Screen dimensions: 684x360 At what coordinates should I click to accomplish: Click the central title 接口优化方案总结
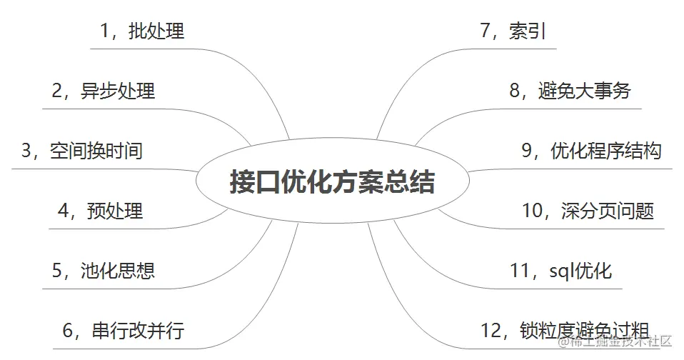(332, 181)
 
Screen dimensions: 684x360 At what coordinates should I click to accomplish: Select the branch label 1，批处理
(142, 31)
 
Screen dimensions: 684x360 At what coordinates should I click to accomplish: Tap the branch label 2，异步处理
(103, 91)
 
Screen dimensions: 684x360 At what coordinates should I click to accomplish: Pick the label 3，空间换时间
(82, 151)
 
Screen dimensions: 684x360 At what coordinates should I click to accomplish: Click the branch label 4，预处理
(100, 211)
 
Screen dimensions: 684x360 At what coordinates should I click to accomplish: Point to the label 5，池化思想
(103, 271)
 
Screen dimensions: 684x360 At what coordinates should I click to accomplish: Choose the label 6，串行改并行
(124, 331)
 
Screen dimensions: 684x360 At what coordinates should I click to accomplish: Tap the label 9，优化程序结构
(592, 151)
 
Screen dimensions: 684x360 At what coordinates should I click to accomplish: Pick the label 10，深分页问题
(588, 211)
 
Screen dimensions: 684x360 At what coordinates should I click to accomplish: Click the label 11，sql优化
(560, 271)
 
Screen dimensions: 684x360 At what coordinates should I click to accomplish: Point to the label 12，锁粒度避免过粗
(565, 331)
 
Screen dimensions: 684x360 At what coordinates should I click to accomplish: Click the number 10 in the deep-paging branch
(533, 211)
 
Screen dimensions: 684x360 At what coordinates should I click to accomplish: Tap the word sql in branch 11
(562, 271)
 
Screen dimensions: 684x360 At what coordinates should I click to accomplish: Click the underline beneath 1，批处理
(143, 49)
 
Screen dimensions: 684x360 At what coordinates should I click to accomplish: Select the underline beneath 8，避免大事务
(571, 109)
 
